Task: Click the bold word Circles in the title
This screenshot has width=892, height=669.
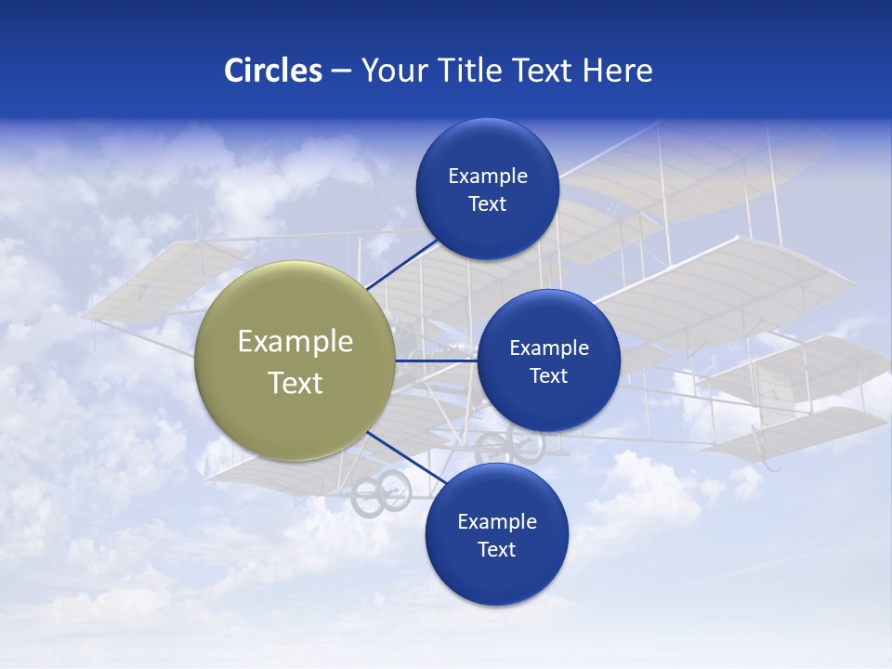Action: pyautogui.click(x=273, y=71)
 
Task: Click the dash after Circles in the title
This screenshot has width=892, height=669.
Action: pyautogui.click(x=340, y=72)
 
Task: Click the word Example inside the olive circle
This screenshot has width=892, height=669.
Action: pyautogui.click(x=295, y=341)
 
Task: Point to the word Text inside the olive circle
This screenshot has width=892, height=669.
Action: pyautogui.click(x=295, y=383)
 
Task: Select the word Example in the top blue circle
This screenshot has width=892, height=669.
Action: pyautogui.click(x=488, y=176)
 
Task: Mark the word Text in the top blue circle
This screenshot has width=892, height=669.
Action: pyautogui.click(x=487, y=203)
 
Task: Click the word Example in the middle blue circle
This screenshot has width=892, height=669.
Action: pyautogui.click(x=549, y=348)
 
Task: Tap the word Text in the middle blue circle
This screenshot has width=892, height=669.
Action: pyautogui.click(x=548, y=375)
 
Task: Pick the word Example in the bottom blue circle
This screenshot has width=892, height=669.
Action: pyautogui.click(x=497, y=521)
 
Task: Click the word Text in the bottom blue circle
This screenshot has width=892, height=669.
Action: pyautogui.click(x=496, y=549)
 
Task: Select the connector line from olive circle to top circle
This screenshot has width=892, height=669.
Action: pyautogui.click(x=401, y=264)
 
